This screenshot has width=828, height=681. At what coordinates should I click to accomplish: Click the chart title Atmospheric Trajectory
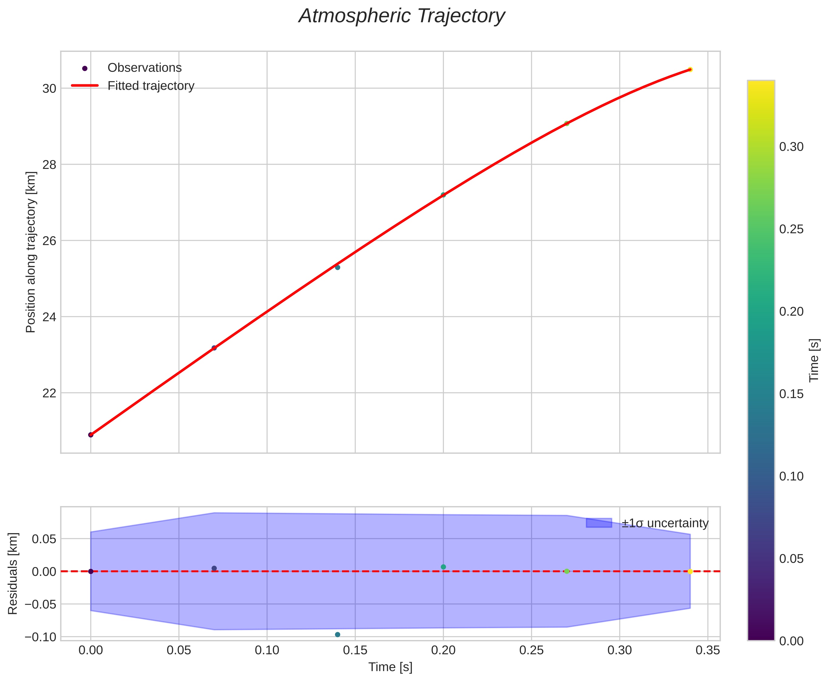pyautogui.click(x=402, y=16)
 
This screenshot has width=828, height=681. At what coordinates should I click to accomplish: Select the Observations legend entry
pyautogui.click(x=144, y=68)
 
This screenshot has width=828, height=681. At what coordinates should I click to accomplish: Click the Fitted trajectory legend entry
pyautogui.click(x=151, y=86)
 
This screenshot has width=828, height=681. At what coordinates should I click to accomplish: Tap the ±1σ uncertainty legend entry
pyautogui.click(x=665, y=523)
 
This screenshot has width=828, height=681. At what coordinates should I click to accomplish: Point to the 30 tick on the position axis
pyautogui.click(x=49, y=89)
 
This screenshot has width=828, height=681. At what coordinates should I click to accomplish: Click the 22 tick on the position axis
pyautogui.click(x=49, y=393)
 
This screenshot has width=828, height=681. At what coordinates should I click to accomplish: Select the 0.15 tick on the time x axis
pyautogui.click(x=355, y=650)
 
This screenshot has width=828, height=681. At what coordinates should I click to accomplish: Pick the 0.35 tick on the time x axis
pyautogui.click(x=708, y=650)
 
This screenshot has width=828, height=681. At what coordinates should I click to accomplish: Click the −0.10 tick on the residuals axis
pyautogui.click(x=40, y=637)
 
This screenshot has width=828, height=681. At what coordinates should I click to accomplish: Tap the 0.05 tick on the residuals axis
pyautogui.click(x=44, y=539)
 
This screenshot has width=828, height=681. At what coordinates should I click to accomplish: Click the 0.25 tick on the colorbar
pyautogui.click(x=791, y=229)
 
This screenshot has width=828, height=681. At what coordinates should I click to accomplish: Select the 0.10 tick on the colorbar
pyautogui.click(x=791, y=476)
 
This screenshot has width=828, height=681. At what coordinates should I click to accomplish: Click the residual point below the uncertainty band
pyautogui.click(x=337, y=635)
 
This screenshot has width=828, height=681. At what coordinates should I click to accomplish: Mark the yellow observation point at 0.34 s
pyautogui.click(x=690, y=69)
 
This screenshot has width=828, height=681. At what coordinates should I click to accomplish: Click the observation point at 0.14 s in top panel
pyautogui.click(x=337, y=267)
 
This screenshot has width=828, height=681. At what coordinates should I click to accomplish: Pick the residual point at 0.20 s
pyautogui.click(x=443, y=567)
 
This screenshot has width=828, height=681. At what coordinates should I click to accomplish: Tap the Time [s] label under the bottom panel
pyautogui.click(x=390, y=667)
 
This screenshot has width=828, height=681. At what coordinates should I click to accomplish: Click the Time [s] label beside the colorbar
pyautogui.click(x=814, y=360)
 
